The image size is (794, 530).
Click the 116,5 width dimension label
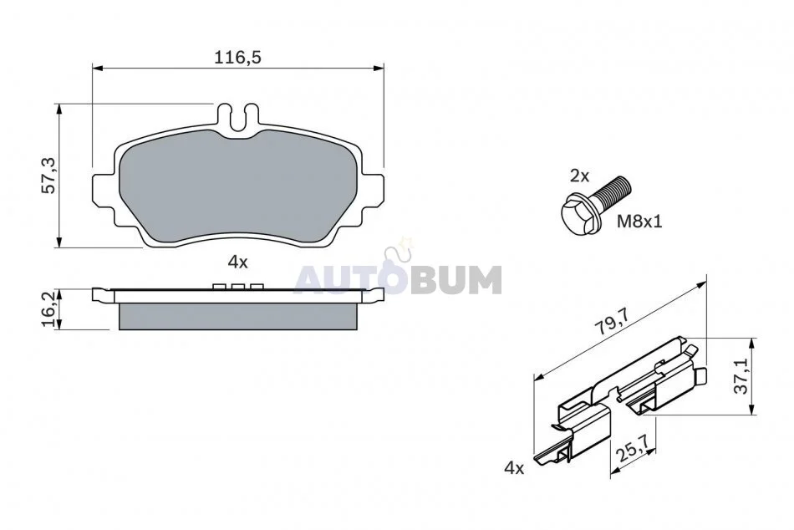[x=237, y=57]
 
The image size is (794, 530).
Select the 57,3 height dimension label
[x=49, y=176]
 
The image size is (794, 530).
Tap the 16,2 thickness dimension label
[x=49, y=309]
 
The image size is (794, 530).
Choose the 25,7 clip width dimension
[x=631, y=447]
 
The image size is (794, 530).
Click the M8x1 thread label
[x=639, y=222]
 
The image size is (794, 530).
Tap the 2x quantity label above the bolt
[x=580, y=176]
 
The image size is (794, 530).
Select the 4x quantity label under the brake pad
[x=237, y=262]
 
